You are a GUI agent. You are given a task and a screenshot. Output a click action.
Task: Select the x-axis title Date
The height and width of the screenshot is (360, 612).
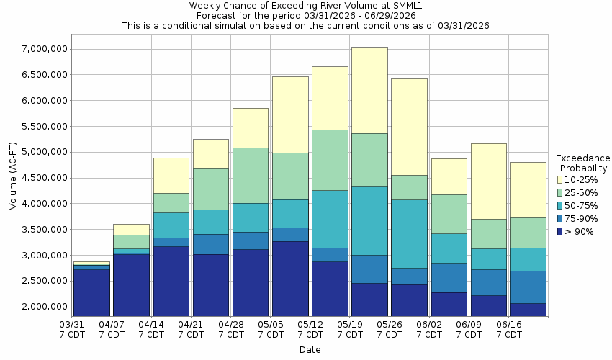tap(310, 350)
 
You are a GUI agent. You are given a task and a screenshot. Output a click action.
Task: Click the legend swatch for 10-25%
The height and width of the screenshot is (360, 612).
tap(560, 179)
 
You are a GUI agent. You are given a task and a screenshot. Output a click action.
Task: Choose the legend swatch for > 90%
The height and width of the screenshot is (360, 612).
tap(560, 231)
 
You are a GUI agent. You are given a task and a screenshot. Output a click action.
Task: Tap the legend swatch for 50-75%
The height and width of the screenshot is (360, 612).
tap(560, 205)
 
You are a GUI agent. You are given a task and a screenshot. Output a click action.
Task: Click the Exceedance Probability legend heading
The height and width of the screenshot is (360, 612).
tap(583, 163)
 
